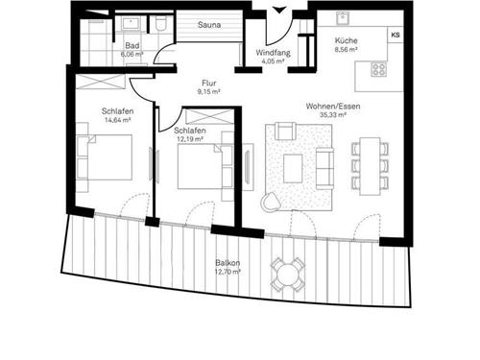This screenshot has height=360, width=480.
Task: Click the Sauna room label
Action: (x=209, y=25)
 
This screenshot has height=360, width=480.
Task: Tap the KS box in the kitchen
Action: (x=396, y=35)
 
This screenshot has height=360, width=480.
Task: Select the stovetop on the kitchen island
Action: (x=379, y=69)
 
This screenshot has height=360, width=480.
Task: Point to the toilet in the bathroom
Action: (x=160, y=23)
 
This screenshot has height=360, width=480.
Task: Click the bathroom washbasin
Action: (x=131, y=24)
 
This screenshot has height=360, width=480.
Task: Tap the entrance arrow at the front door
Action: (x=279, y=11)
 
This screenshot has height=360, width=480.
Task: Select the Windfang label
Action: (x=273, y=53)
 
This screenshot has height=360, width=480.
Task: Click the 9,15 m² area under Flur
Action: (x=208, y=92)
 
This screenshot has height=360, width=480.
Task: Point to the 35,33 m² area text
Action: (x=333, y=115)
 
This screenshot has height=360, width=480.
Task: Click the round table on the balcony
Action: (x=287, y=275)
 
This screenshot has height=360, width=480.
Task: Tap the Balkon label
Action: (x=228, y=263)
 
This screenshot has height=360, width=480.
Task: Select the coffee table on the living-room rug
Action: (x=293, y=169)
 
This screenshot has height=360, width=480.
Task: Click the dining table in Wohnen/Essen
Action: (x=370, y=166)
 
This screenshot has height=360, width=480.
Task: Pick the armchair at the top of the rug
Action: (x=285, y=131)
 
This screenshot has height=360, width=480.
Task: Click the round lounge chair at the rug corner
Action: (x=271, y=202)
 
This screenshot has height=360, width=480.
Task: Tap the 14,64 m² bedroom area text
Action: (x=118, y=120)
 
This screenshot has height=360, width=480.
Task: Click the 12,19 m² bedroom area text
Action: (x=190, y=139)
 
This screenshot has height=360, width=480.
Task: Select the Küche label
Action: (x=347, y=40)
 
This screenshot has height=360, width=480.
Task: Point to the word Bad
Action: (x=132, y=45)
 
